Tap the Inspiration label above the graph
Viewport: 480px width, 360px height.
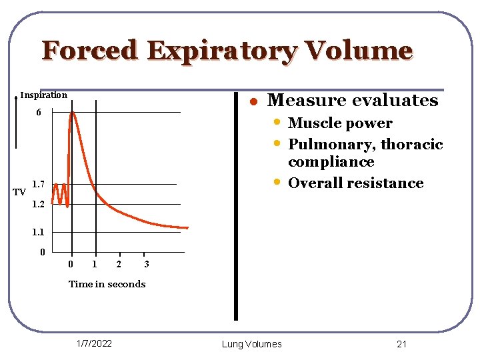[x=43, y=95]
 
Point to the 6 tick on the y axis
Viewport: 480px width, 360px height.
[x=39, y=113]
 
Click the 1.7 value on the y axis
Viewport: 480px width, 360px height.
[x=38, y=184]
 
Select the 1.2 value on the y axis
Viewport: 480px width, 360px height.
[x=38, y=205]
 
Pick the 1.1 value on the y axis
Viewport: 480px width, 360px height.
[x=38, y=233]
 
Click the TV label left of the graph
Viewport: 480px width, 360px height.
[x=19, y=193]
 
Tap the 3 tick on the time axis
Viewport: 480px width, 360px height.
[x=147, y=265]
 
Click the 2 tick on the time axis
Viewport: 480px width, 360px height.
[x=119, y=265]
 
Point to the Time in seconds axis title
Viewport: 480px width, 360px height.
[x=107, y=284]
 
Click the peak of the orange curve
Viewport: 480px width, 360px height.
[x=72, y=113]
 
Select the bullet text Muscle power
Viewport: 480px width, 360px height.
[x=340, y=123]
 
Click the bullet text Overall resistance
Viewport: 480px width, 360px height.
[x=355, y=183]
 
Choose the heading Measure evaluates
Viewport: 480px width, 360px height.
[x=352, y=101]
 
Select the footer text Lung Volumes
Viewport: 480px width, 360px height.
[x=251, y=344]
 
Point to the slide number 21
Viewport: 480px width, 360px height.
[x=401, y=344]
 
